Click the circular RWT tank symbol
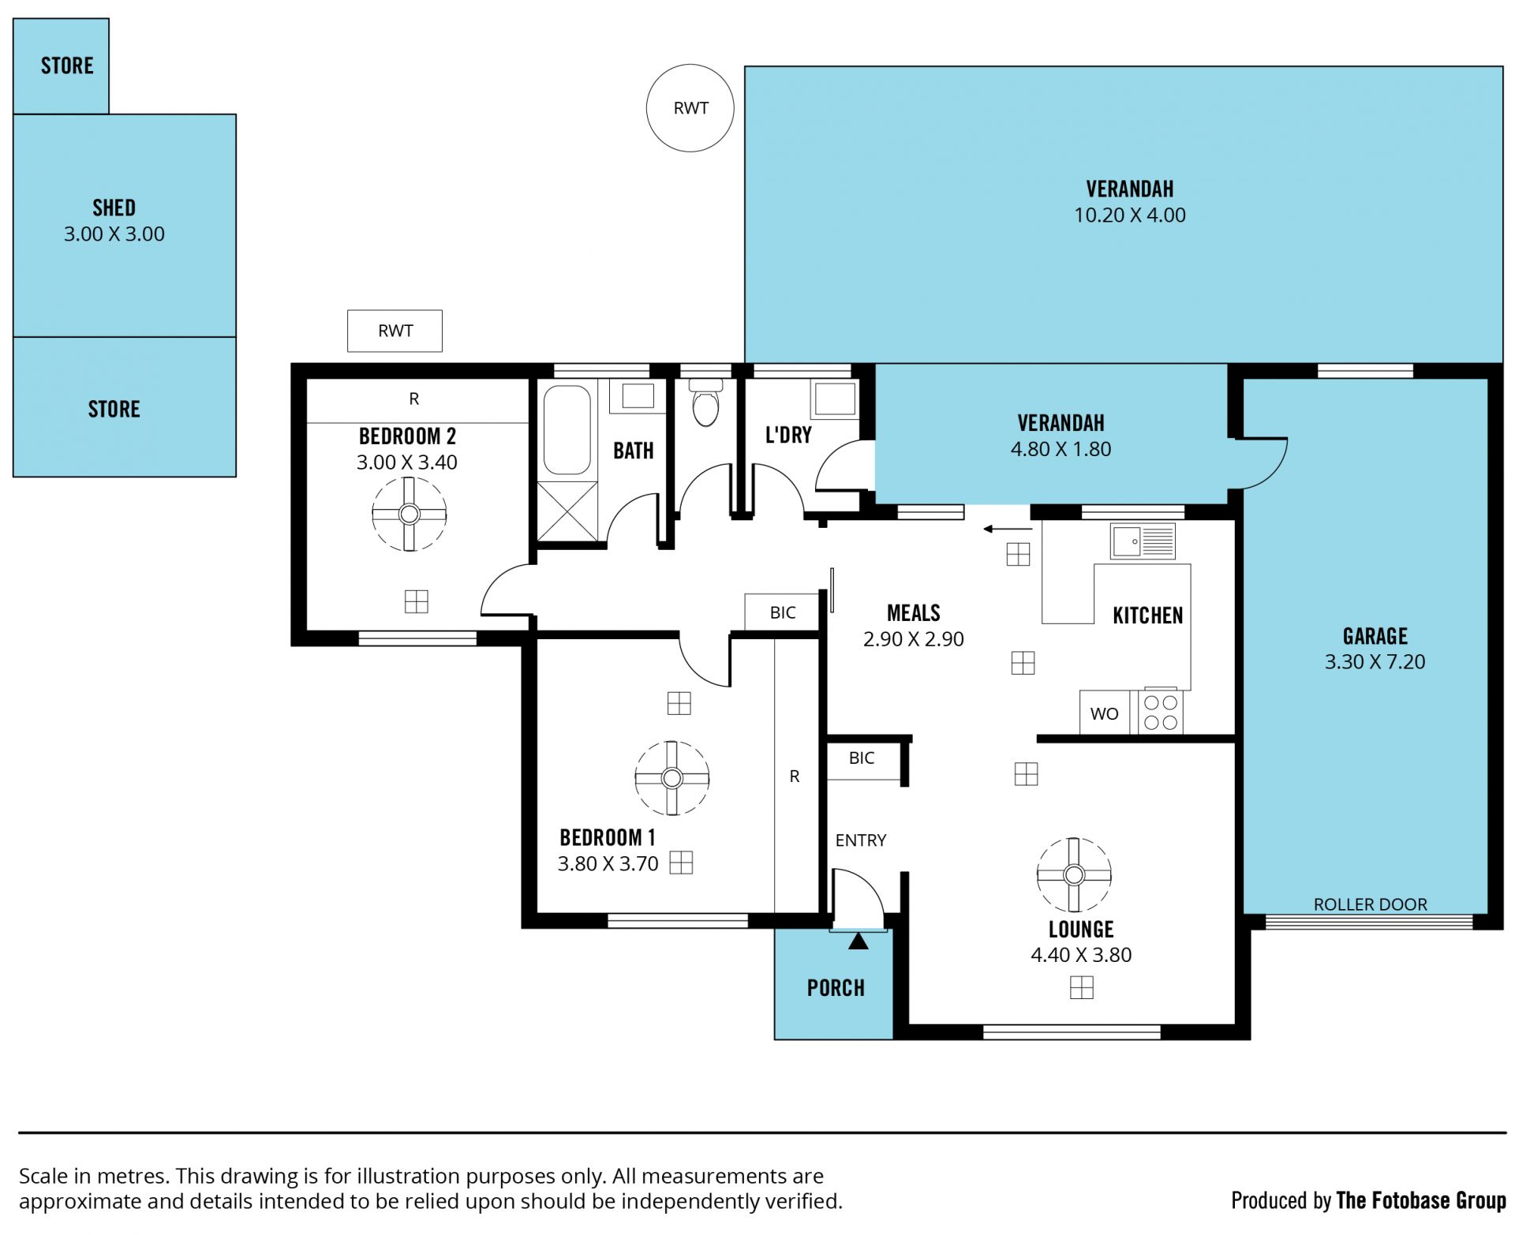click(x=690, y=108)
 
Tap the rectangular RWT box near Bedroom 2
click(x=395, y=331)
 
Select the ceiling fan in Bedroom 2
click(x=409, y=515)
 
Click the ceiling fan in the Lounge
click(x=1074, y=874)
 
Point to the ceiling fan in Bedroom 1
click(x=672, y=778)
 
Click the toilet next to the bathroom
click(x=705, y=403)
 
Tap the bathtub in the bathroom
click(x=567, y=429)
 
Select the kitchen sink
click(x=1143, y=541)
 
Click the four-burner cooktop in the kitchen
click(x=1161, y=712)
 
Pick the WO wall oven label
click(x=1104, y=714)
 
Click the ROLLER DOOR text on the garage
click(x=1371, y=904)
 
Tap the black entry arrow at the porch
click(x=858, y=941)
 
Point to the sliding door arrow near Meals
click(x=1008, y=529)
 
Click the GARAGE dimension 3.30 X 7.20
click(x=1375, y=661)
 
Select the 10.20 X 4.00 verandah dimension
click(x=1130, y=215)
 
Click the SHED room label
click(x=114, y=208)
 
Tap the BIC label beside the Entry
click(x=862, y=758)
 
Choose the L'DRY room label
click(x=788, y=435)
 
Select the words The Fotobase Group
click(x=1421, y=1200)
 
